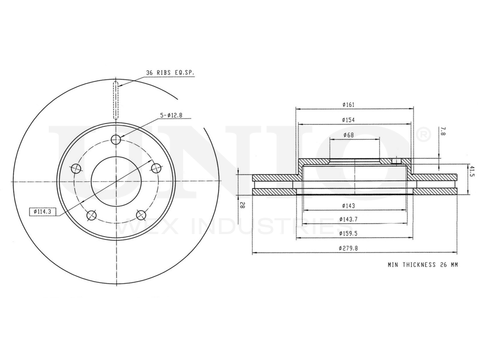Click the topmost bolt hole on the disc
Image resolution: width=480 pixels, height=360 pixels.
coord(116,140)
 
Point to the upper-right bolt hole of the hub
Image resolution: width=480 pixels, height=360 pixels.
coord(156,168)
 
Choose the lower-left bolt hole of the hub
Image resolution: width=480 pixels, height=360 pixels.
coord(91,215)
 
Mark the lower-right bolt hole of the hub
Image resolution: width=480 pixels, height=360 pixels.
coord(141,215)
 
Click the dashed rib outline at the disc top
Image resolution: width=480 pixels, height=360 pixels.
coord(116,101)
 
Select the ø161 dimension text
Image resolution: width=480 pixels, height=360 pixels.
coord(348,105)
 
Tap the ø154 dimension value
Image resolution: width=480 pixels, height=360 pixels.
coord(348,120)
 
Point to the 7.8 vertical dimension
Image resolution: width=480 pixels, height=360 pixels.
coord(442,132)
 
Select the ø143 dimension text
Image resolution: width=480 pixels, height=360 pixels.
coord(348,206)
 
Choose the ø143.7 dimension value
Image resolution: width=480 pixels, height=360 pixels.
coord(348,219)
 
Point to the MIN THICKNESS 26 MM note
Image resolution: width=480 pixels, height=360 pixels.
coord(422,264)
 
